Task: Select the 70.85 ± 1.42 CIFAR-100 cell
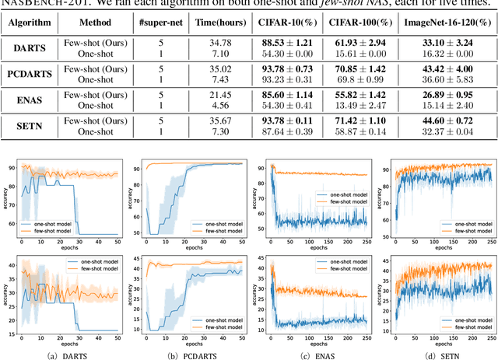[x=377, y=69]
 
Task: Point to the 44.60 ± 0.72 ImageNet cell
[x=453, y=121]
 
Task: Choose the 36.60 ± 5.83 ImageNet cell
[x=453, y=80]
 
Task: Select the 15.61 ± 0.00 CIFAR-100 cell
[x=377, y=54]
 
